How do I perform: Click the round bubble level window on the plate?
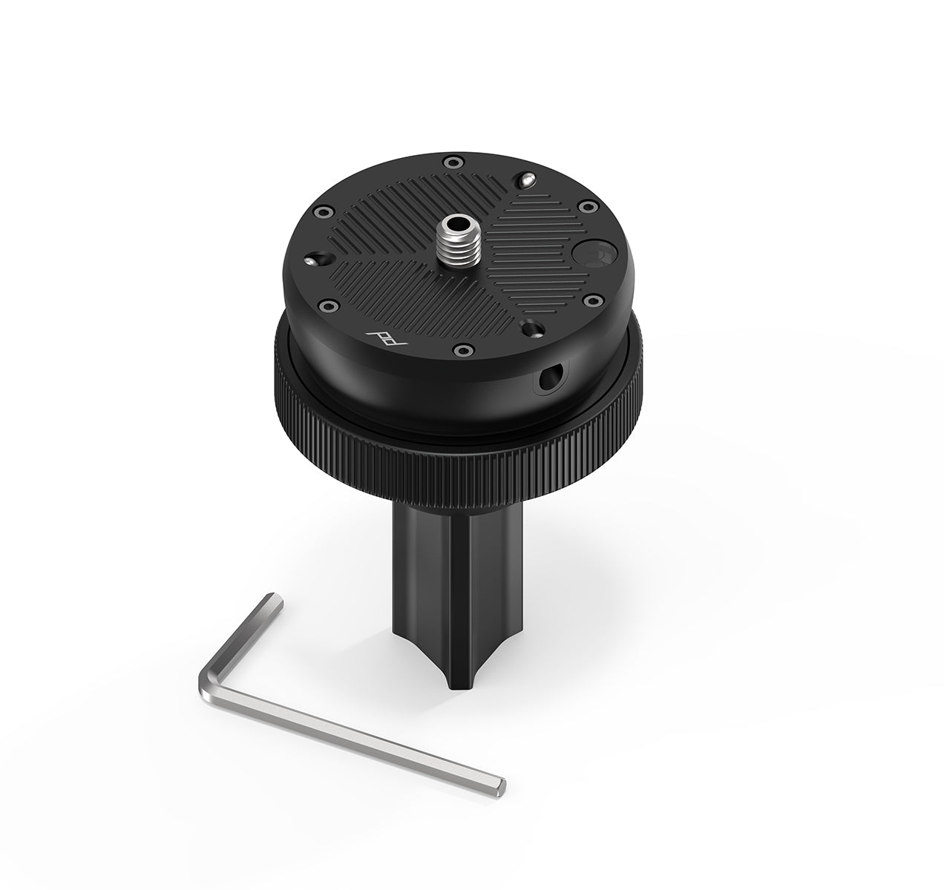coord(591,255)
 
